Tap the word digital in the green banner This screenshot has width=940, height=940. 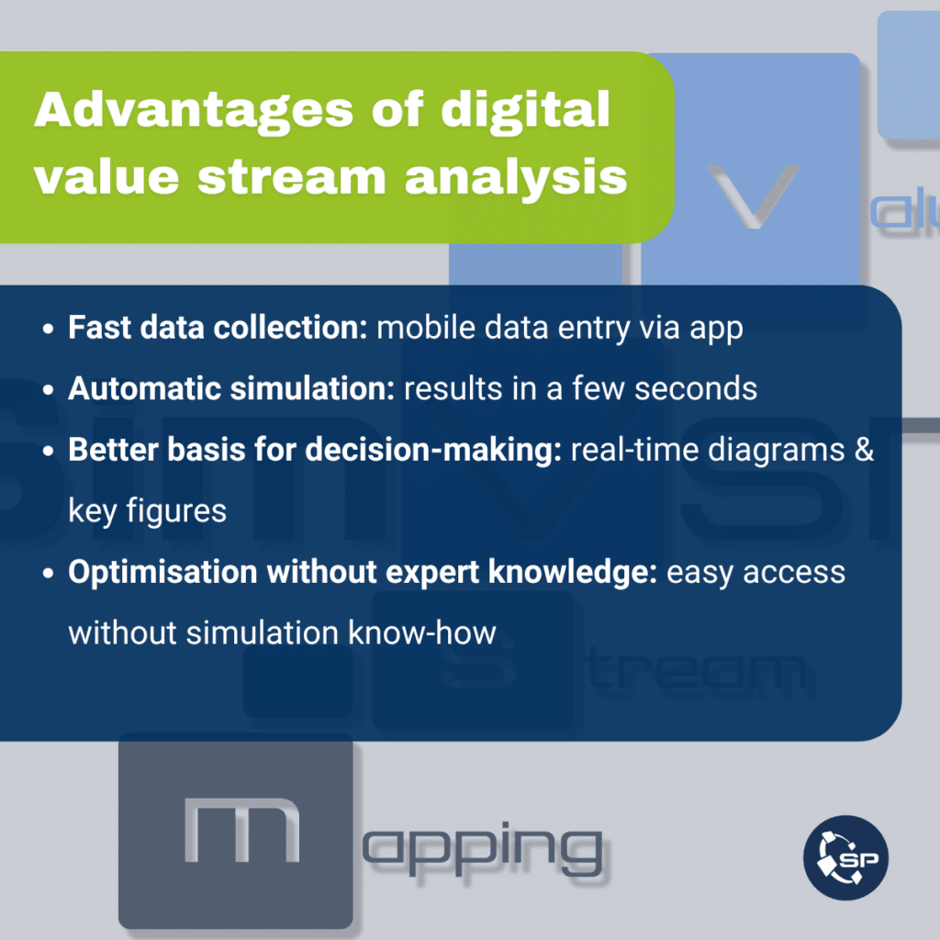pos(525,109)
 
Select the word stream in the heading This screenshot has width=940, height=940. pos(292,178)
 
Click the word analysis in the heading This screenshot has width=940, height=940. pos(516,179)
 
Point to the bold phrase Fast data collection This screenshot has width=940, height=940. pos(218,328)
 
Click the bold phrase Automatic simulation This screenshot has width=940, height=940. pos(231,388)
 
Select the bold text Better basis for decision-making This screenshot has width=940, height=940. pos(315,450)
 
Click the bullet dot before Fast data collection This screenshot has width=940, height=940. pos(49,329)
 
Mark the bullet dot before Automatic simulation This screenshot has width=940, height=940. pos(49,389)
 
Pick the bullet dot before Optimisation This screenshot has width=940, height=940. pos(49,573)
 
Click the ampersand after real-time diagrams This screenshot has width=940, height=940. pos(865,450)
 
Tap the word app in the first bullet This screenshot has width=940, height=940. pos(716,330)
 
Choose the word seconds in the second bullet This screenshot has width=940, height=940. pos(696,389)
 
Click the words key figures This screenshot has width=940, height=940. pos(148,512)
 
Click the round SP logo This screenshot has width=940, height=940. pos(845,858)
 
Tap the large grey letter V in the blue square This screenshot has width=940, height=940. pos(754,196)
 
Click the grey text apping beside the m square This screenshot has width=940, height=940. pos(483,850)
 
